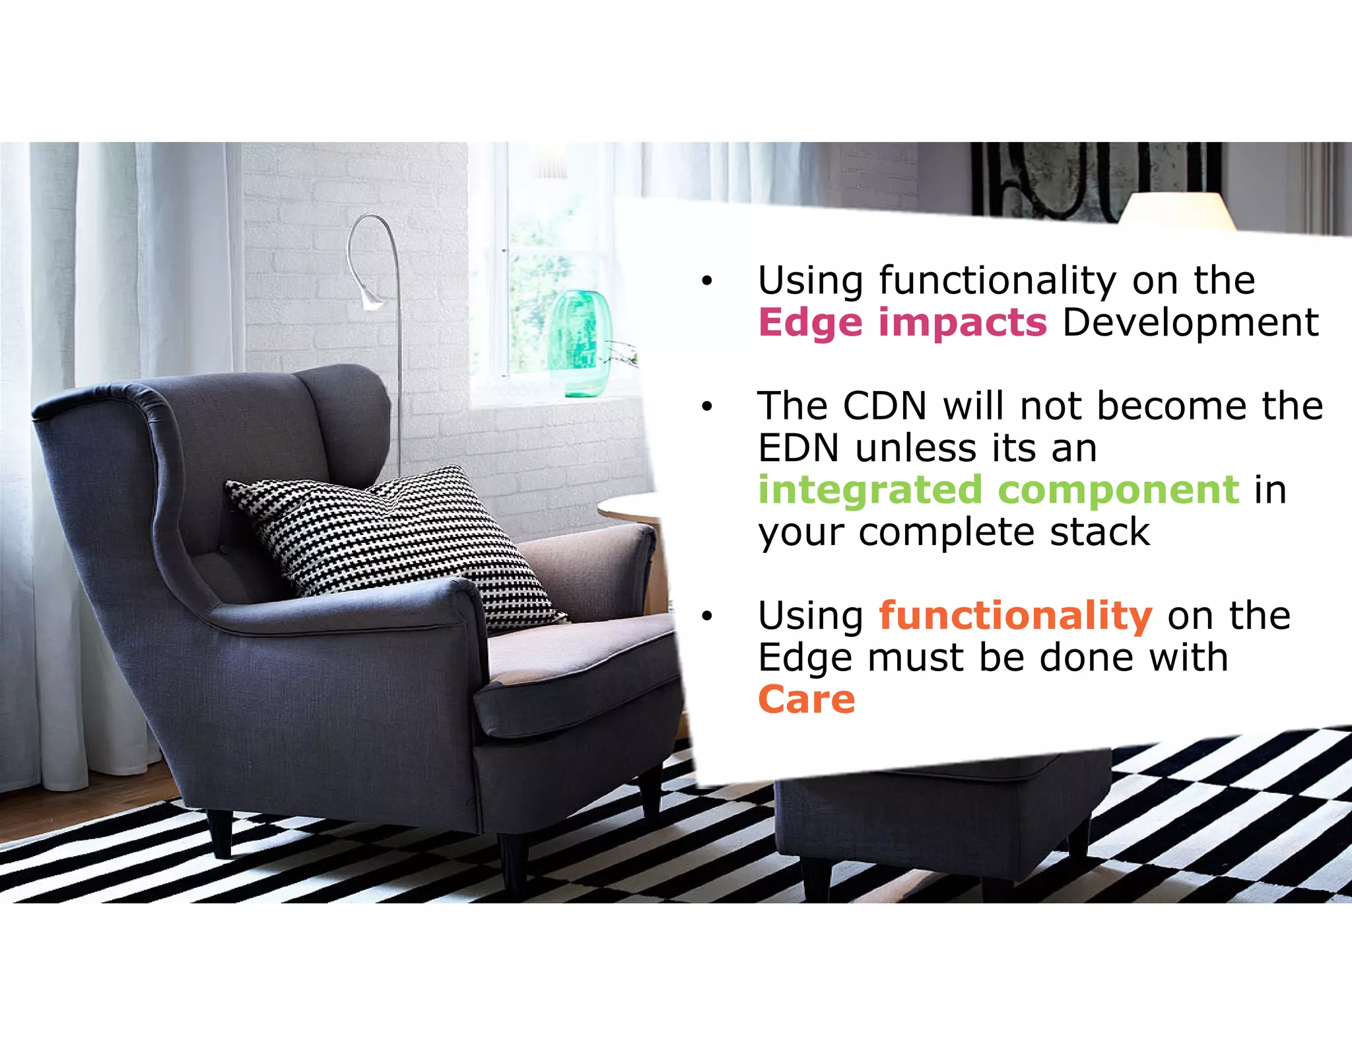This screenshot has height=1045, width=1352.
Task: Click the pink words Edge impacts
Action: pos(902,323)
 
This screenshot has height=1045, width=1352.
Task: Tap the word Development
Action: pos(1190,323)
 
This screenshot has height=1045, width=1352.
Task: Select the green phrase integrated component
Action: pos(998,490)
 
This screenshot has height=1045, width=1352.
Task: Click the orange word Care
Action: pos(806,700)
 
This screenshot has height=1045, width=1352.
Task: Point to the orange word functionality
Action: pos(1015,616)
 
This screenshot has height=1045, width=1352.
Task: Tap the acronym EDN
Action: pos(797,448)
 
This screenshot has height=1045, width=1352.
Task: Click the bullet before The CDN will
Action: pos(707,407)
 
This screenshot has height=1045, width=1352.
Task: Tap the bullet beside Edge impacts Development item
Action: pos(707,281)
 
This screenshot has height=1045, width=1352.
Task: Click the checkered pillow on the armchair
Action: pos(396,542)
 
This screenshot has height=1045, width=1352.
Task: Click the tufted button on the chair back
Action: pos(222,549)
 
